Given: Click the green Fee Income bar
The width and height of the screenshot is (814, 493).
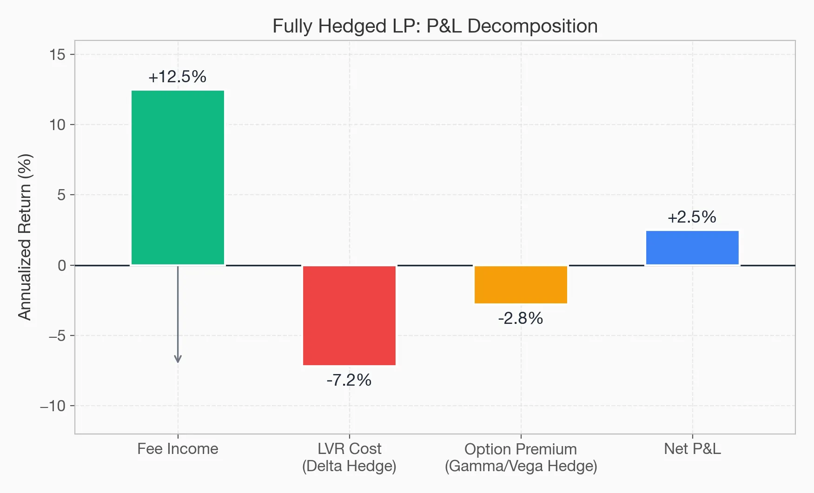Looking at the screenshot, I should (x=178, y=177).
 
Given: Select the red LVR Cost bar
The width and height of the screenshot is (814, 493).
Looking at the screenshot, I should (x=349, y=315).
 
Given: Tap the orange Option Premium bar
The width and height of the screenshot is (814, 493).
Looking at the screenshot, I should (x=521, y=284).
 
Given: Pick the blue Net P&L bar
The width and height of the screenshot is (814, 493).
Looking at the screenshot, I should (x=692, y=248).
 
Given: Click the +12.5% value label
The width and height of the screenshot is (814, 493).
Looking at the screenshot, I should (x=177, y=77).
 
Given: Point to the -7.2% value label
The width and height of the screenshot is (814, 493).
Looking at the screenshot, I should (x=349, y=380).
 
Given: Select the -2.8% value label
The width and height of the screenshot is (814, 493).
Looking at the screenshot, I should (x=520, y=318).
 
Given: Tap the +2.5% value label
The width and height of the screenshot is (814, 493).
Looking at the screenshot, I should (x=692, y=217).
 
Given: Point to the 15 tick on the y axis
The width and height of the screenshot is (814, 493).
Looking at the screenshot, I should (x=58, y=55).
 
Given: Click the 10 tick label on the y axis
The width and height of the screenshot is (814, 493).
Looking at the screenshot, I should (x=58, y=125).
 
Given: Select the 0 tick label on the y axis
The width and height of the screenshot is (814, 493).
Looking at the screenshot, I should (x=62, y=266).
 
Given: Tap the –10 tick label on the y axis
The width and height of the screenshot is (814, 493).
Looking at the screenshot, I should (x=53, y=406).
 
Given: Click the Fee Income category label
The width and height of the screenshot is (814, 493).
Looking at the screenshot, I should (x=178, y=449).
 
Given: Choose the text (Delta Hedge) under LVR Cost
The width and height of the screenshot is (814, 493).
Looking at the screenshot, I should (x=349, y=466).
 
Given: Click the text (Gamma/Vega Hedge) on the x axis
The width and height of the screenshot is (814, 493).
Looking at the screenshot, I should (x=521, y=466).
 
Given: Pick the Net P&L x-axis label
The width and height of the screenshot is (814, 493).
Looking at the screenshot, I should (x=692, y=449).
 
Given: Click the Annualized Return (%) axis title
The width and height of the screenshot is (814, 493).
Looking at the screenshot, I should (x=25, y=237).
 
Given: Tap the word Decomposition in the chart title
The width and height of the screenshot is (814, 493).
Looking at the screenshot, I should (x=532, y=26).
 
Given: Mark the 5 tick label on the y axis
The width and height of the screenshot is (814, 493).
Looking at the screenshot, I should (x=62, y=195).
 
